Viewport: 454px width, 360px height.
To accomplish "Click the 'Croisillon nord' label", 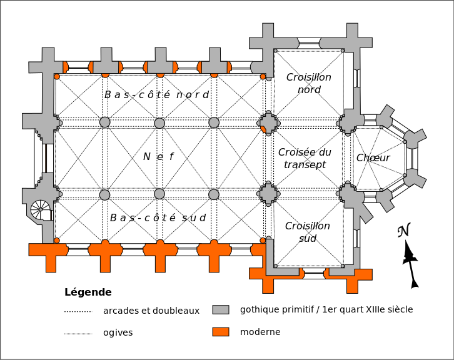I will [309, 83].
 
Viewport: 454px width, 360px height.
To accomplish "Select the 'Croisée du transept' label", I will [305, 158].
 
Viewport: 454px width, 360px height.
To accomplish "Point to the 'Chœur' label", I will [373, 157].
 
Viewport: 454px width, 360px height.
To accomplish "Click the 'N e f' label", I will [158, 157].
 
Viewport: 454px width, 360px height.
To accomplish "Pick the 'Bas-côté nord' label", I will [156, 94].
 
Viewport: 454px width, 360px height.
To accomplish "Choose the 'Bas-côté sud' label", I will [158, 217].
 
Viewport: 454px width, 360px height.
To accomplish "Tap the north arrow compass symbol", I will [410, 256].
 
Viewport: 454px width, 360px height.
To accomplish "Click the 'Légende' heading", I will [88, 292].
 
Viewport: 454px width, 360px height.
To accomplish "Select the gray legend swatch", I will [221, 310].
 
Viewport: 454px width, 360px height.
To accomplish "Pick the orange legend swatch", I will [221, 332].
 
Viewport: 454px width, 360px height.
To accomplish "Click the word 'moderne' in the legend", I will [260, 332].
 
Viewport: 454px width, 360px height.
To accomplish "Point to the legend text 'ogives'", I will [118, 332].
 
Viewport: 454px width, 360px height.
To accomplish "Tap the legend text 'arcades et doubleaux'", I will [151, 311].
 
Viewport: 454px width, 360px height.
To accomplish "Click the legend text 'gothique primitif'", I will [276, 309].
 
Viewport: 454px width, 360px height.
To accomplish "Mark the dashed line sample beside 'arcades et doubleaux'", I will [78, 311].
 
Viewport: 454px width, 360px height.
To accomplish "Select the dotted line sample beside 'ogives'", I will [78, 333].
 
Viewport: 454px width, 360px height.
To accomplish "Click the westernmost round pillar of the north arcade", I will [105, 122].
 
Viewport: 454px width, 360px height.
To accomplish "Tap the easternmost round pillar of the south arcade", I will [214, 194].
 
